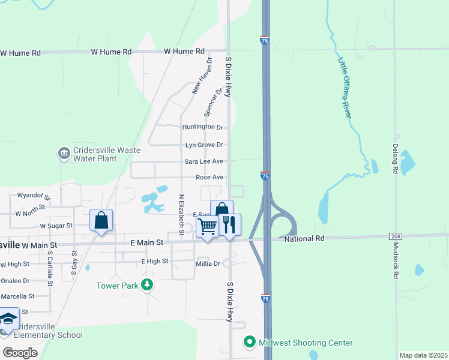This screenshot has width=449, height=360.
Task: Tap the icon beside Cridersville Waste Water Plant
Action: pos(64,154)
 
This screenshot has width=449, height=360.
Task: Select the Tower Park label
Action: pos(117,286)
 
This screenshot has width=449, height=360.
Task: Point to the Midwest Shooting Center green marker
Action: pos(250,343)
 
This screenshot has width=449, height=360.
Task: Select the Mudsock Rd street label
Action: pos(396,263)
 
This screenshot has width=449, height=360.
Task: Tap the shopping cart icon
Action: pos(207,227)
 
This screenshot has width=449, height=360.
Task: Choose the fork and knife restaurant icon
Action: pos(229,224)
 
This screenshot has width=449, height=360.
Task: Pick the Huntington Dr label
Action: pos(203,127)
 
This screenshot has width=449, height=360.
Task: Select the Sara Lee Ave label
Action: pos(204,161)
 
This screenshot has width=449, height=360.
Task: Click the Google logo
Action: pos(19,353)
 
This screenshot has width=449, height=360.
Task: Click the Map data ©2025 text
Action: pos(423,355)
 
